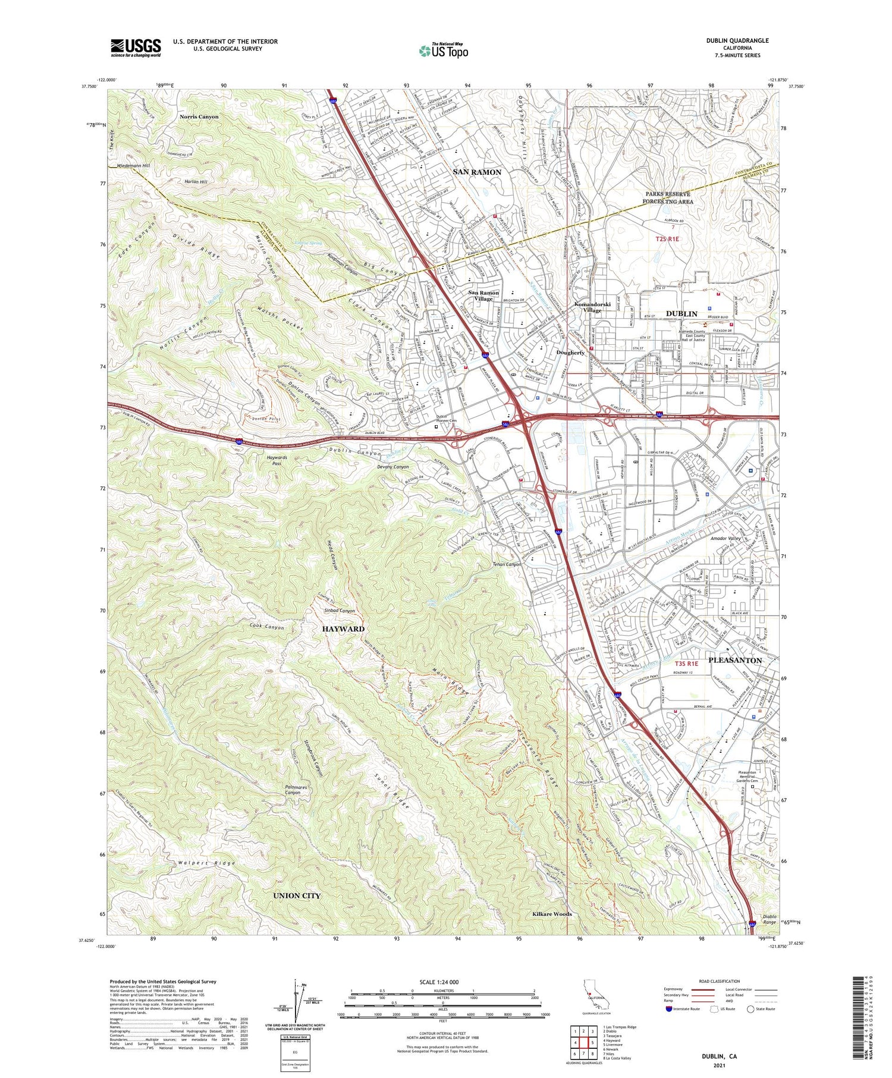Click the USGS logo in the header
pos(136,48)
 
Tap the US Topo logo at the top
pos(443,51)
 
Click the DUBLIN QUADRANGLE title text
pos(739,40)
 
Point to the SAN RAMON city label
pos(477,172)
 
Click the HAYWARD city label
pos(343,628)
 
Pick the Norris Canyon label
pos(199,117)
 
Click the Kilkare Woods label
pos(552,914)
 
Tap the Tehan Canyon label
pos(506,564)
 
